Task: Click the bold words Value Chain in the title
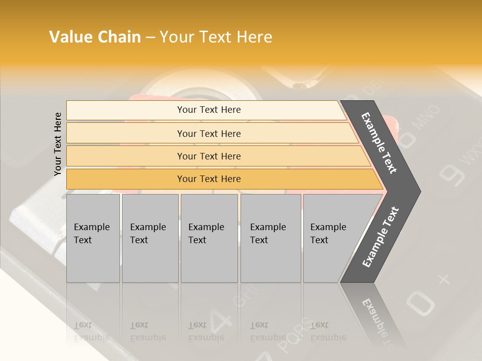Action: pos(95,37)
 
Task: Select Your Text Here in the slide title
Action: pos(216,37)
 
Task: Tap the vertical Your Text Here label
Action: pos(58,144)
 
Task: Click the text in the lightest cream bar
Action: pos(209,110)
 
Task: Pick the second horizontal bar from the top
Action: pos(209,133)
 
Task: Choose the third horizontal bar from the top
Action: pos(209,156)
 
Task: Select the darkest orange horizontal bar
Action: pos(209,179)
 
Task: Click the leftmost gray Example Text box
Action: pos(93,238)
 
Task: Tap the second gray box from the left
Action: pos(150,238)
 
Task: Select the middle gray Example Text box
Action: pos(209,238)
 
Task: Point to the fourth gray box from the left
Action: pos(270,238)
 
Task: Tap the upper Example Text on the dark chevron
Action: pos(380,143)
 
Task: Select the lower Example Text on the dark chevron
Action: pos(381,237)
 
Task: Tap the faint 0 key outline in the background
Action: pos(420,302)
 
